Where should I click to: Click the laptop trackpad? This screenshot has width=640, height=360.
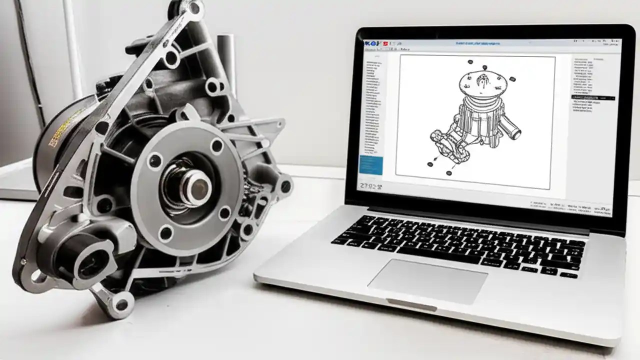427,281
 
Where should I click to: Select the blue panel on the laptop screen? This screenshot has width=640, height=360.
371,165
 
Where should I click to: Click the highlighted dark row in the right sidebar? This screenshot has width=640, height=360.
593,97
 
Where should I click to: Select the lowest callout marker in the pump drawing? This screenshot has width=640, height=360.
448,173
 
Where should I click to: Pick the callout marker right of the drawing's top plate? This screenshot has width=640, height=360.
513,79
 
